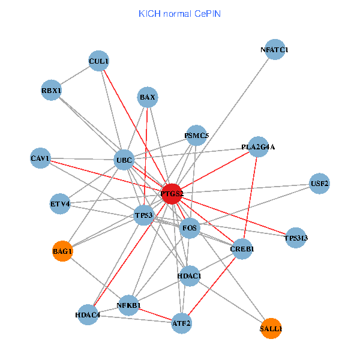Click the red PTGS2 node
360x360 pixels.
[172, 193]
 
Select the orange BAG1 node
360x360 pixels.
[62, 252]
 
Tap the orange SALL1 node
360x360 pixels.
[271, 329]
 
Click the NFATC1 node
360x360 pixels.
[274, 50]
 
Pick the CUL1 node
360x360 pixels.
[98, 61]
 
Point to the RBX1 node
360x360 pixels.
[52, 91]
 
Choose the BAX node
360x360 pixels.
[148, 97]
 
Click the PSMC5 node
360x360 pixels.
[197, 136]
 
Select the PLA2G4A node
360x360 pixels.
[258, 147]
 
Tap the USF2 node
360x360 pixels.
[319, 184]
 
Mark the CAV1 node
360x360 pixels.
[40, 158]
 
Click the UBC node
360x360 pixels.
[124, 160]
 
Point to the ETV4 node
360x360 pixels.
[61, 204]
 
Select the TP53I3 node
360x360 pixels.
[296, 238]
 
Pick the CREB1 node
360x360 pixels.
[242, 249]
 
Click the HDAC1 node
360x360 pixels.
[190, 276]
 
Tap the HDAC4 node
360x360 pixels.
[88, 314]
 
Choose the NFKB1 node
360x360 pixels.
[128, 305]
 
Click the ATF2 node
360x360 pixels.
[181, 323]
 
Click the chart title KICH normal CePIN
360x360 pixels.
[179, 13]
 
